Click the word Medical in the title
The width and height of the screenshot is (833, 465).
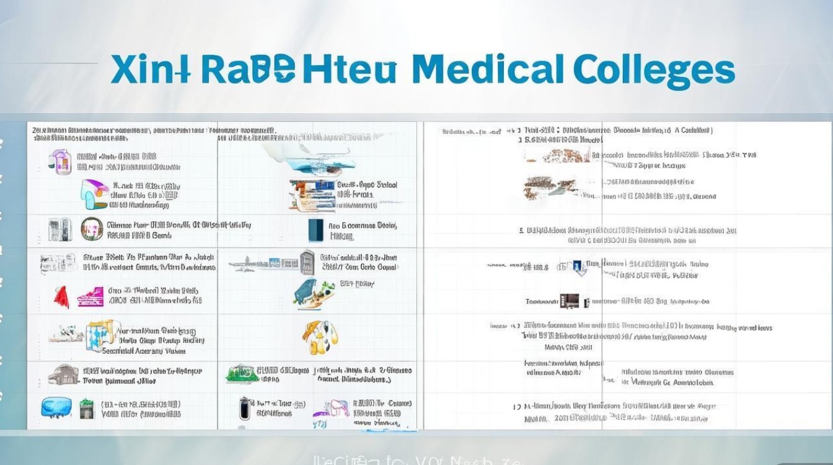click(x=487, y=69)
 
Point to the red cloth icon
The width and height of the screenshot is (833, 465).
click(x=61, y=297)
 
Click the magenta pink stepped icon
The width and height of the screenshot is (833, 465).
click(x=90, y=297)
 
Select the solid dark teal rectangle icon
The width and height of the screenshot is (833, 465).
click(x=315, y=230)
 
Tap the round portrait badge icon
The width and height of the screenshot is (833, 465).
click(x=92, y=229)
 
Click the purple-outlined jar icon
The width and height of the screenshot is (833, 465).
click(x=60, y=161)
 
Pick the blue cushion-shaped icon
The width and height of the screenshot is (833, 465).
click(x=56, y=407)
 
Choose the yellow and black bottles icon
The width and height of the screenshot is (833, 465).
click(x=320, y=337)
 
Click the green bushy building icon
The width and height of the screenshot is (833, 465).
click(x=242, y=373)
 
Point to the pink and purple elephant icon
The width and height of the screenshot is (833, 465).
click(x=332, y=409)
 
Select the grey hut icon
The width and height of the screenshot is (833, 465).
click(x=63, y=374)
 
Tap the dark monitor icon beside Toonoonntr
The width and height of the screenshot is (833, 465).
click(x=569, y=302)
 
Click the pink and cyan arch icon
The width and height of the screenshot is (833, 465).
click(x=94, y=193)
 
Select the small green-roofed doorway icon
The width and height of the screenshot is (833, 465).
click(x=86, y=408)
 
